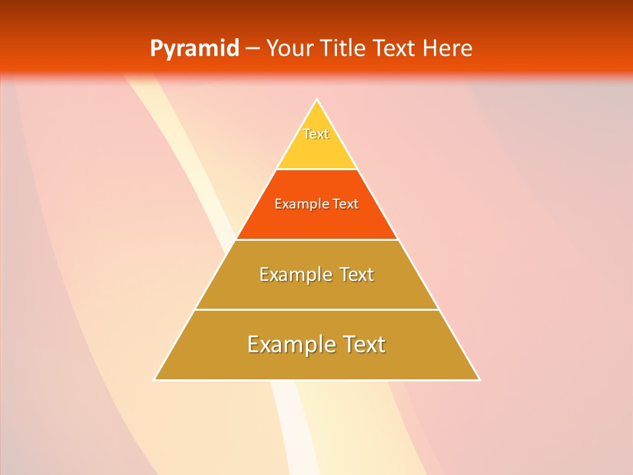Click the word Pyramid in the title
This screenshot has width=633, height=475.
click(x=195, y=49)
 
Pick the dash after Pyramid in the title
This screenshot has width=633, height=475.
click(x=253, y=49)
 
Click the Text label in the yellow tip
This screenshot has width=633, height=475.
click(x=316, y=134)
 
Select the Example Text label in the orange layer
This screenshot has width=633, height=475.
click(x=316, y=204)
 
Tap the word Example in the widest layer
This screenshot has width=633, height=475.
click(x=289, y=344)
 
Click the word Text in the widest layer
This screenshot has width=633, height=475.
click(x=363, y=344)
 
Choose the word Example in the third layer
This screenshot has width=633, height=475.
click(x=293, y=274)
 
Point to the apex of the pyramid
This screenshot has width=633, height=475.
click(x=317, y=100)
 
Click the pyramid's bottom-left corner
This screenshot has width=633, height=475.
click(x=154, y=380)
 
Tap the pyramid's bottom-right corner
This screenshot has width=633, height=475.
click(x=479, y=380)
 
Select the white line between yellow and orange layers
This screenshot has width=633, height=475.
click(x=316, y=170)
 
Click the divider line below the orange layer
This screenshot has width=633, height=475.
click(x=316, y=239)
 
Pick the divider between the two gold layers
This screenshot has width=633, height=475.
click(x=316, y=309)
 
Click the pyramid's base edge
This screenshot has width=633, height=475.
click(x=316, y=380)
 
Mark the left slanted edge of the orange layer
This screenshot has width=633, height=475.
click(x=256, y=205)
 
